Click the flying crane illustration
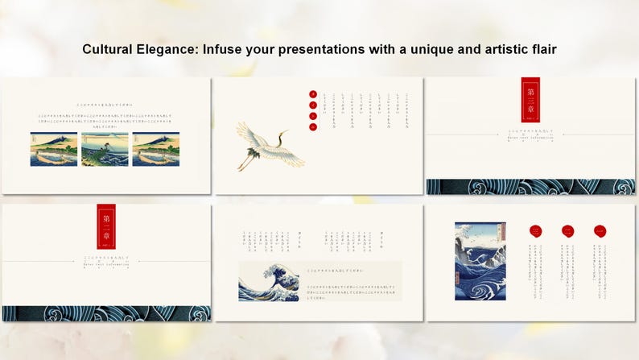coord(270,145)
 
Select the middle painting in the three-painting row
coord(105,150)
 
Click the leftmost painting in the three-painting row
coord(54,150)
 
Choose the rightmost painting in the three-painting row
coord(155,150)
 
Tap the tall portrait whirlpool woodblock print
coord(480,261)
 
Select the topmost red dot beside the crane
coord(313,94)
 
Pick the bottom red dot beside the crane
coord(313,126)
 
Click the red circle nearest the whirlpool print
coord(536,231)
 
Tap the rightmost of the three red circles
coord(600,231)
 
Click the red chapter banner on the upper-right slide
coord(530,99)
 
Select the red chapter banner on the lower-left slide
coord(106,226)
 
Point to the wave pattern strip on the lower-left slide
coord(106,313)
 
